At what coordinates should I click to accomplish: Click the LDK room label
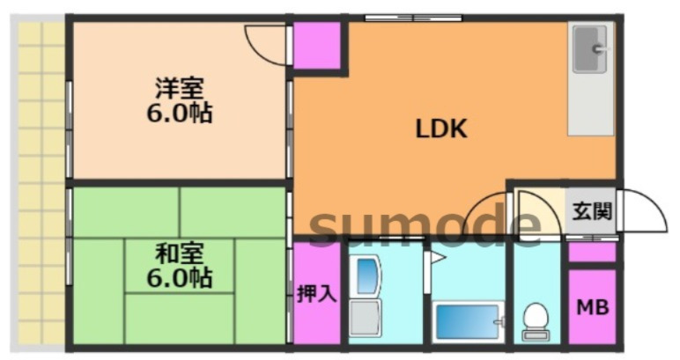440,129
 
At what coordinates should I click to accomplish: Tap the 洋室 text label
180,88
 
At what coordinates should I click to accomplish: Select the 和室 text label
180,255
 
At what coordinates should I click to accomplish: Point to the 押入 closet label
315,294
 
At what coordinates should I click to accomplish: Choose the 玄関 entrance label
591,211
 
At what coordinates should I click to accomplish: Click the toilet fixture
535,320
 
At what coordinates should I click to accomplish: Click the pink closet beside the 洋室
315,45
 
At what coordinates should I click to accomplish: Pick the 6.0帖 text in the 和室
180,280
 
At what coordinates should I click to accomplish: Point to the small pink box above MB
591,253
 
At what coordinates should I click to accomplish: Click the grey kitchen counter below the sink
589,106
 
